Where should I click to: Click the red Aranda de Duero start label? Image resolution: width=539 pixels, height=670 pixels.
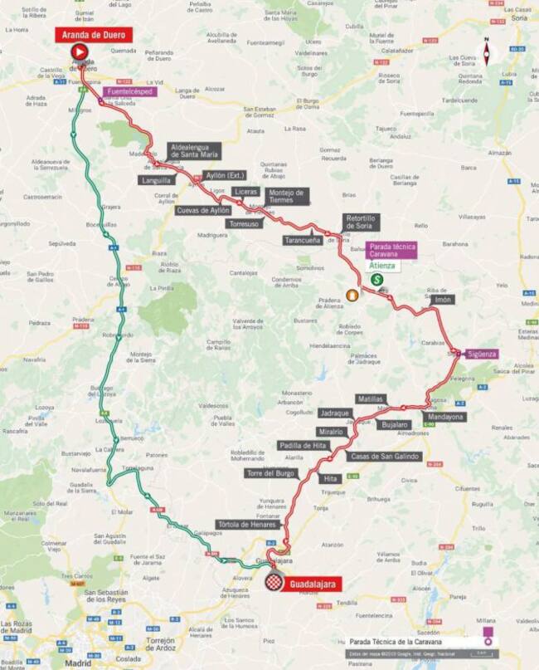(x=94, y=34)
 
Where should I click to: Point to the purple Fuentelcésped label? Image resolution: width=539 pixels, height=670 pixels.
(x=130, y=91)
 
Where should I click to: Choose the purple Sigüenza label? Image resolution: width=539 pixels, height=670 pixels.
(x=482, y=354)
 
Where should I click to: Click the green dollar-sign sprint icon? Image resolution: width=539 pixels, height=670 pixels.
(x=377, y=281)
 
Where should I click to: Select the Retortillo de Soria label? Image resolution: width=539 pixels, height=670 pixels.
(x=360, y=222)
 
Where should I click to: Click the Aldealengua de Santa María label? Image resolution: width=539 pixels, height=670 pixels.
(x=194, y=150)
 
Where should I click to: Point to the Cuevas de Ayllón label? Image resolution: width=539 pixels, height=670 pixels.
(x=202, y=210)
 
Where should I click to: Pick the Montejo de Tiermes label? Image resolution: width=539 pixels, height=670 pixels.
(x=287, y=196)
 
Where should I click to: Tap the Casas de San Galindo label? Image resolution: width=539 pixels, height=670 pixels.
(x=385, y=457)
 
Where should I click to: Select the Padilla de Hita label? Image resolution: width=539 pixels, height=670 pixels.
(x=303, y=445)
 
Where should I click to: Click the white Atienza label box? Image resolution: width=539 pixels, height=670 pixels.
(x=382, y=266)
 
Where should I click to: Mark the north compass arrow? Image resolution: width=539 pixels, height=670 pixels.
(x=487, y=51)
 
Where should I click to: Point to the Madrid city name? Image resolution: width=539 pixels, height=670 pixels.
(x=80, y=663)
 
